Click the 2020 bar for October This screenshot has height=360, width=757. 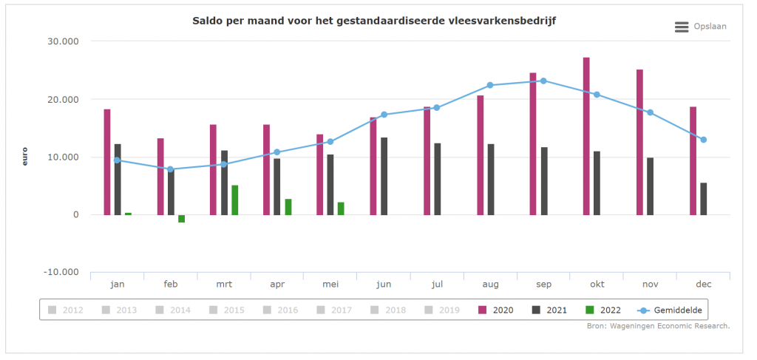tap(586, 136)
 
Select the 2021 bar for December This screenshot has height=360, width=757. tap(704, 199)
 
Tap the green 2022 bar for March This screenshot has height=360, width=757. tap(235, 200)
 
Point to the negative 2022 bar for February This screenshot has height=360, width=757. tap(182, 219)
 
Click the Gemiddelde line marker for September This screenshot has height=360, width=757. tap(543, 81)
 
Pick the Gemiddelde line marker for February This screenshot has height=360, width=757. tap(171, 169)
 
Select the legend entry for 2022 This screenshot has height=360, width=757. tap(603, 310)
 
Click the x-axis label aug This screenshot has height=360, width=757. tap(490, 284)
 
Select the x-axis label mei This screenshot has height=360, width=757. tap(330, 284)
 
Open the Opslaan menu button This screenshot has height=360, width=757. tap(700, 27)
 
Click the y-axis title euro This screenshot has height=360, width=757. tap(25, 157)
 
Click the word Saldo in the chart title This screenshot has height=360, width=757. tap(208, 21)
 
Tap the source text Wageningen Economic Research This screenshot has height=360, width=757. tap(668, 326)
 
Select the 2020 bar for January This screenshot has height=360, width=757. tap(107, 162)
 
